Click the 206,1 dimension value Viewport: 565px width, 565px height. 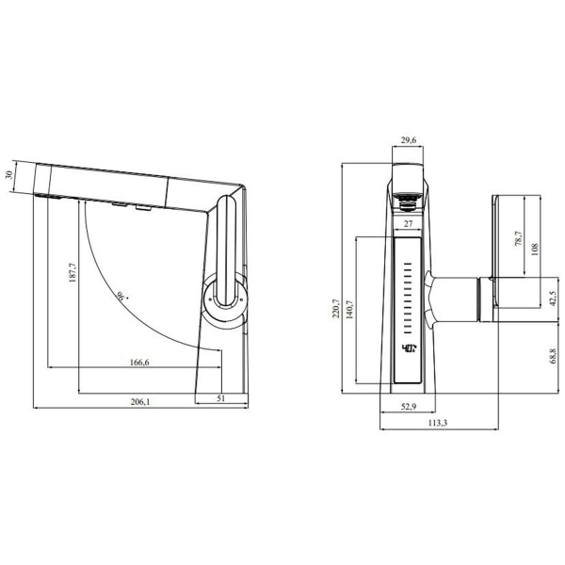coord(139,402)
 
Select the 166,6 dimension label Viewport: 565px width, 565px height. coord(139,363)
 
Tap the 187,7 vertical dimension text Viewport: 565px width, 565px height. coord(73,272)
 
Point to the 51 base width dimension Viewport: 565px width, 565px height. coord(221,398)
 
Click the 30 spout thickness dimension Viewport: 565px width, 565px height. coord(9,175)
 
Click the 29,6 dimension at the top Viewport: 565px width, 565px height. coord(409,139)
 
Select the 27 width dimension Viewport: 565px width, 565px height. coord(408,224)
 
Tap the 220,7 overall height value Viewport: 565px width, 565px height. coord(335,309)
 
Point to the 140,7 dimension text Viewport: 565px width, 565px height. coord(348,310)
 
